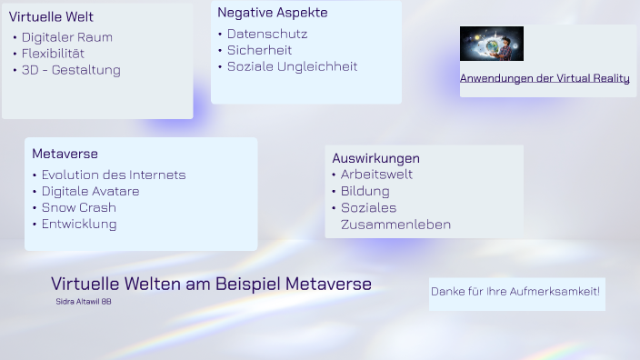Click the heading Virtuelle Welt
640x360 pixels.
pyautogui.click(x=51, y=16)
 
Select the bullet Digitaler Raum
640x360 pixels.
pyautogui.click(x=67, y=37)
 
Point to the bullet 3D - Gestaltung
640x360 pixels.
pyautogui.click(x=71, y=70)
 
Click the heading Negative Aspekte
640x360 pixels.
pyautogui.click(x=273, y=13)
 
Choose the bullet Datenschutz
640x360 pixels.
pyautogui.click(x=267, y=34)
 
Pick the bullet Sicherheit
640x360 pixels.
pyautogui.click(x=259, y=50)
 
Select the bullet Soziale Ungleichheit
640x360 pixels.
pyautogui.click(x=292, y=66)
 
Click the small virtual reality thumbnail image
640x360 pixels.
pyautogui.click(x=491, y=44)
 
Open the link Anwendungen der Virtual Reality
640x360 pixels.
pyautogui.click(x=545, y=78)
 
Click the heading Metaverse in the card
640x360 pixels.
pyautogui.click(x=65, y=154)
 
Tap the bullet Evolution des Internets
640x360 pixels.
pyautogui.click(x=114, y=175)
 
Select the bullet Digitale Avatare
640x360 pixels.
pyautogui.click(x=90, y=191)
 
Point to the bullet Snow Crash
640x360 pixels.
pyautogui.click(x=79, y=207)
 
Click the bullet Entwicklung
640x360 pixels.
pyautogui.click(x=79, y=224)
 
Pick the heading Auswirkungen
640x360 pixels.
pyautogui.click(x=375, y=158)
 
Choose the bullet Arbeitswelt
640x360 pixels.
pyautogui.click(x=376, y=175)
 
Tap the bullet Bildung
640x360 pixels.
pyautogui.click(x=365, y=191)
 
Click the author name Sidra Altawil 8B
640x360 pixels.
pyautogui.click(x=84, y=301)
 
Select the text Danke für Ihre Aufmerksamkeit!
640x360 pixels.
pyautogui.click(x=515, y=291)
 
